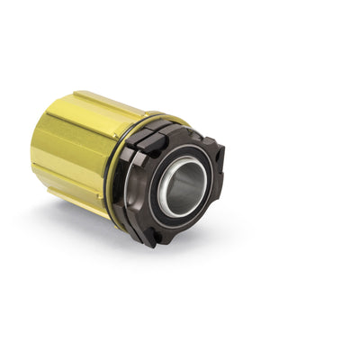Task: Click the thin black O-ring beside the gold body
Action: point(111,171)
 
